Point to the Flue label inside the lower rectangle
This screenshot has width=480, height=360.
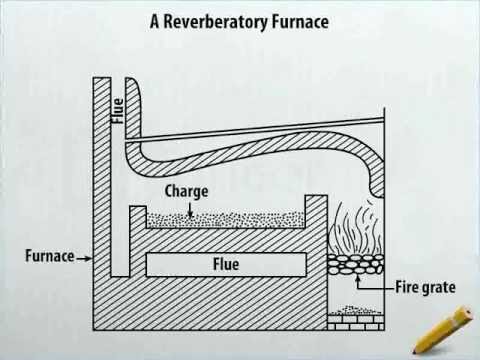pyautogui.click(x=226, y=265)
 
